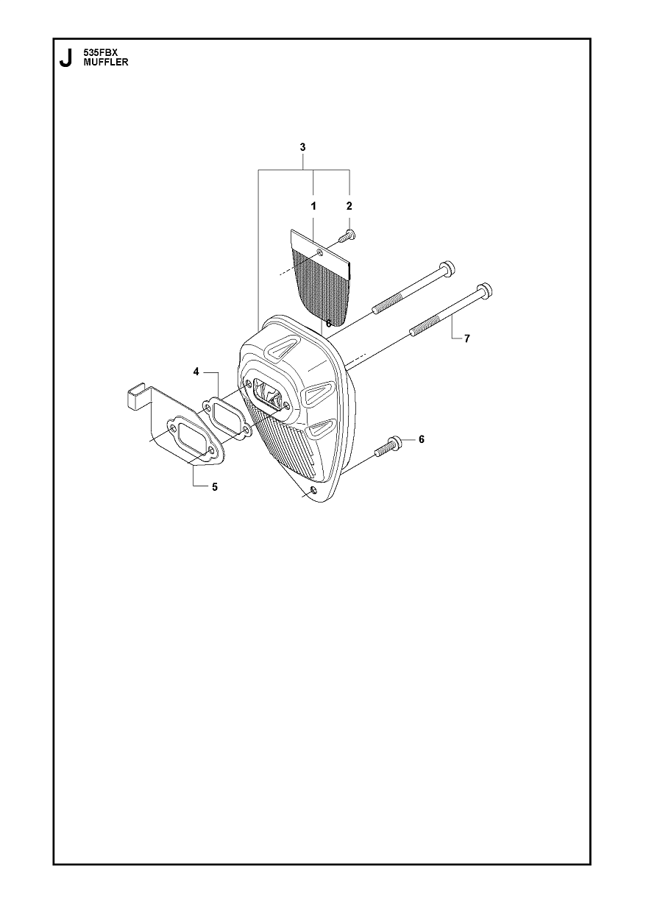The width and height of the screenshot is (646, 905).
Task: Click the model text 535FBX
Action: (100, 52)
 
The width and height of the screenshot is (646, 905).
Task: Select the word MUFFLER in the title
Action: (106, 63)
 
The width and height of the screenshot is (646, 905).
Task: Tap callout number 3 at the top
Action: (302, 147)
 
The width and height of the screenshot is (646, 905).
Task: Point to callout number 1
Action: (313, 207)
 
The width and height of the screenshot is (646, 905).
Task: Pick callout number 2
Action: (349, 206)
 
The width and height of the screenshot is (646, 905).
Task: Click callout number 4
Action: (196, 372)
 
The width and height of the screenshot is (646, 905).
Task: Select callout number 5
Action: (215, 487)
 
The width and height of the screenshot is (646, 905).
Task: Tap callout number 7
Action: (467, 338)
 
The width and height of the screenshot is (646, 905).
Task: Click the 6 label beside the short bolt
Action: (422, 439)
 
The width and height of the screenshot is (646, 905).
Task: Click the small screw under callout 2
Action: (347, 236)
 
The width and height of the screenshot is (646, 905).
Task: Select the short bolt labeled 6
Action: (388, 447)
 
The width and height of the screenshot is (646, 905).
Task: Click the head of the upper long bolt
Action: (447, 269)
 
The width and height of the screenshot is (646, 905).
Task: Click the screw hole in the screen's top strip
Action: (320, 253)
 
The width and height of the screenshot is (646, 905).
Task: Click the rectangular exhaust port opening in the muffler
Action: (266, 394)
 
